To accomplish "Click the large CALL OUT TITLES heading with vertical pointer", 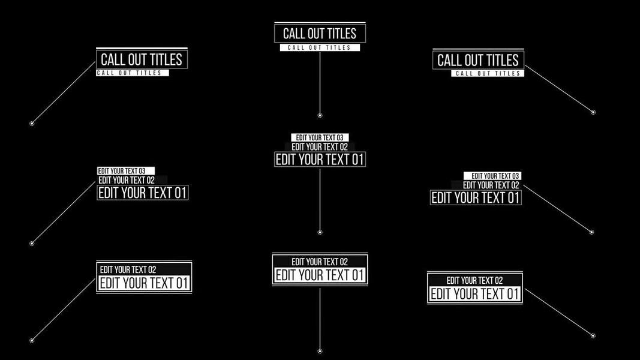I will point(320,34).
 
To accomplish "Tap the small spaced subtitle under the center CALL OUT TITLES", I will point(320,48).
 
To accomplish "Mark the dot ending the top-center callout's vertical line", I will point(320,115).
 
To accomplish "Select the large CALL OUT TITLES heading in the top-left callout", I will point(142,59).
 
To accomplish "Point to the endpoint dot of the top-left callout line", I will point(32,124).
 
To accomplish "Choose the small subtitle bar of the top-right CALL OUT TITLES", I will point(488,73).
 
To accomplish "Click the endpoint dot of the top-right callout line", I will point(593,112).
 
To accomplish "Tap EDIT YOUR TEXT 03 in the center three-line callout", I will point(320,137).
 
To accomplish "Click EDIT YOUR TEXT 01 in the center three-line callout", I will point(320,160).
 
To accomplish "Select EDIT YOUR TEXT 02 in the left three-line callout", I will point(127,180).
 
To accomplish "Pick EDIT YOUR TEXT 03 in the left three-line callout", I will point(126,171).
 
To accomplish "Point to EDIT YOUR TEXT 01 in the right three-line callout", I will point(476,198).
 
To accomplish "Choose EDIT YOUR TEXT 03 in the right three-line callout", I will point(492,176).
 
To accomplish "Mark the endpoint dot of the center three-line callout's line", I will point(320,232).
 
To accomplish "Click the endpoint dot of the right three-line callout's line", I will point(592,232).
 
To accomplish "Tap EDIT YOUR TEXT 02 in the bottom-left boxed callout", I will point(128,270).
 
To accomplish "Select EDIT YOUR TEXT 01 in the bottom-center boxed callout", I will point(320,275).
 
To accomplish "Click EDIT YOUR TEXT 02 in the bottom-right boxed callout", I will point(474,280).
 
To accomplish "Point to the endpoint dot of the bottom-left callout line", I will point(32,341).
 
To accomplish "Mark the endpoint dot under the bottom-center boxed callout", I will point(320,352).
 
